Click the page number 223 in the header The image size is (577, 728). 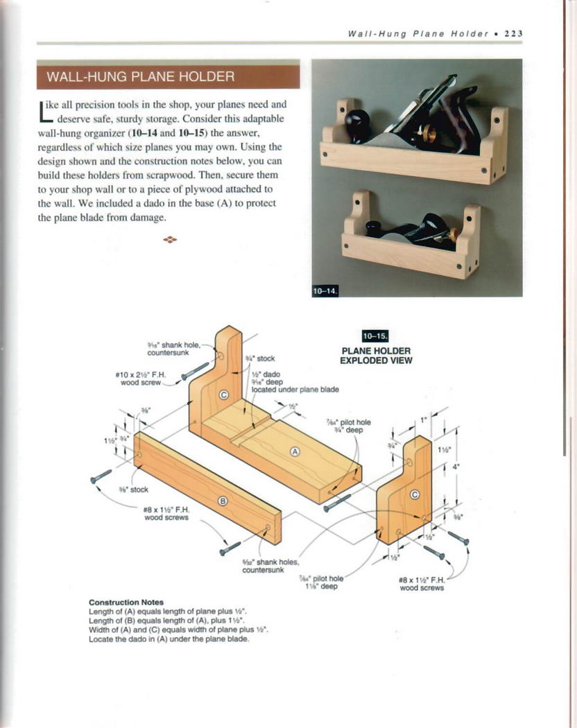pyautogui.click(x=513, y=33)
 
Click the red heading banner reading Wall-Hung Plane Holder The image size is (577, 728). pyautogui.click(x=168, y=76)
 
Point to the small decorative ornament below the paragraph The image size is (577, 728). pyautogui.click(x=169, y=240)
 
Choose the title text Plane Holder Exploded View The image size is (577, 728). pyautogui.click(x=376, y=356)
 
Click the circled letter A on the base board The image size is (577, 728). pyautogui.click(x=295, y=451)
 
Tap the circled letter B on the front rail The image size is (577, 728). pyautogui.click(x=223, y=501)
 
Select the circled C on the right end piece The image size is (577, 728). pyautogui.click(x=415, y=494)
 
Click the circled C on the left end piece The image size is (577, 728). pyautogui.click(x=223, y=395)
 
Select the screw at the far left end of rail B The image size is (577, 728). pyautogui.click(x=101, y=476)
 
